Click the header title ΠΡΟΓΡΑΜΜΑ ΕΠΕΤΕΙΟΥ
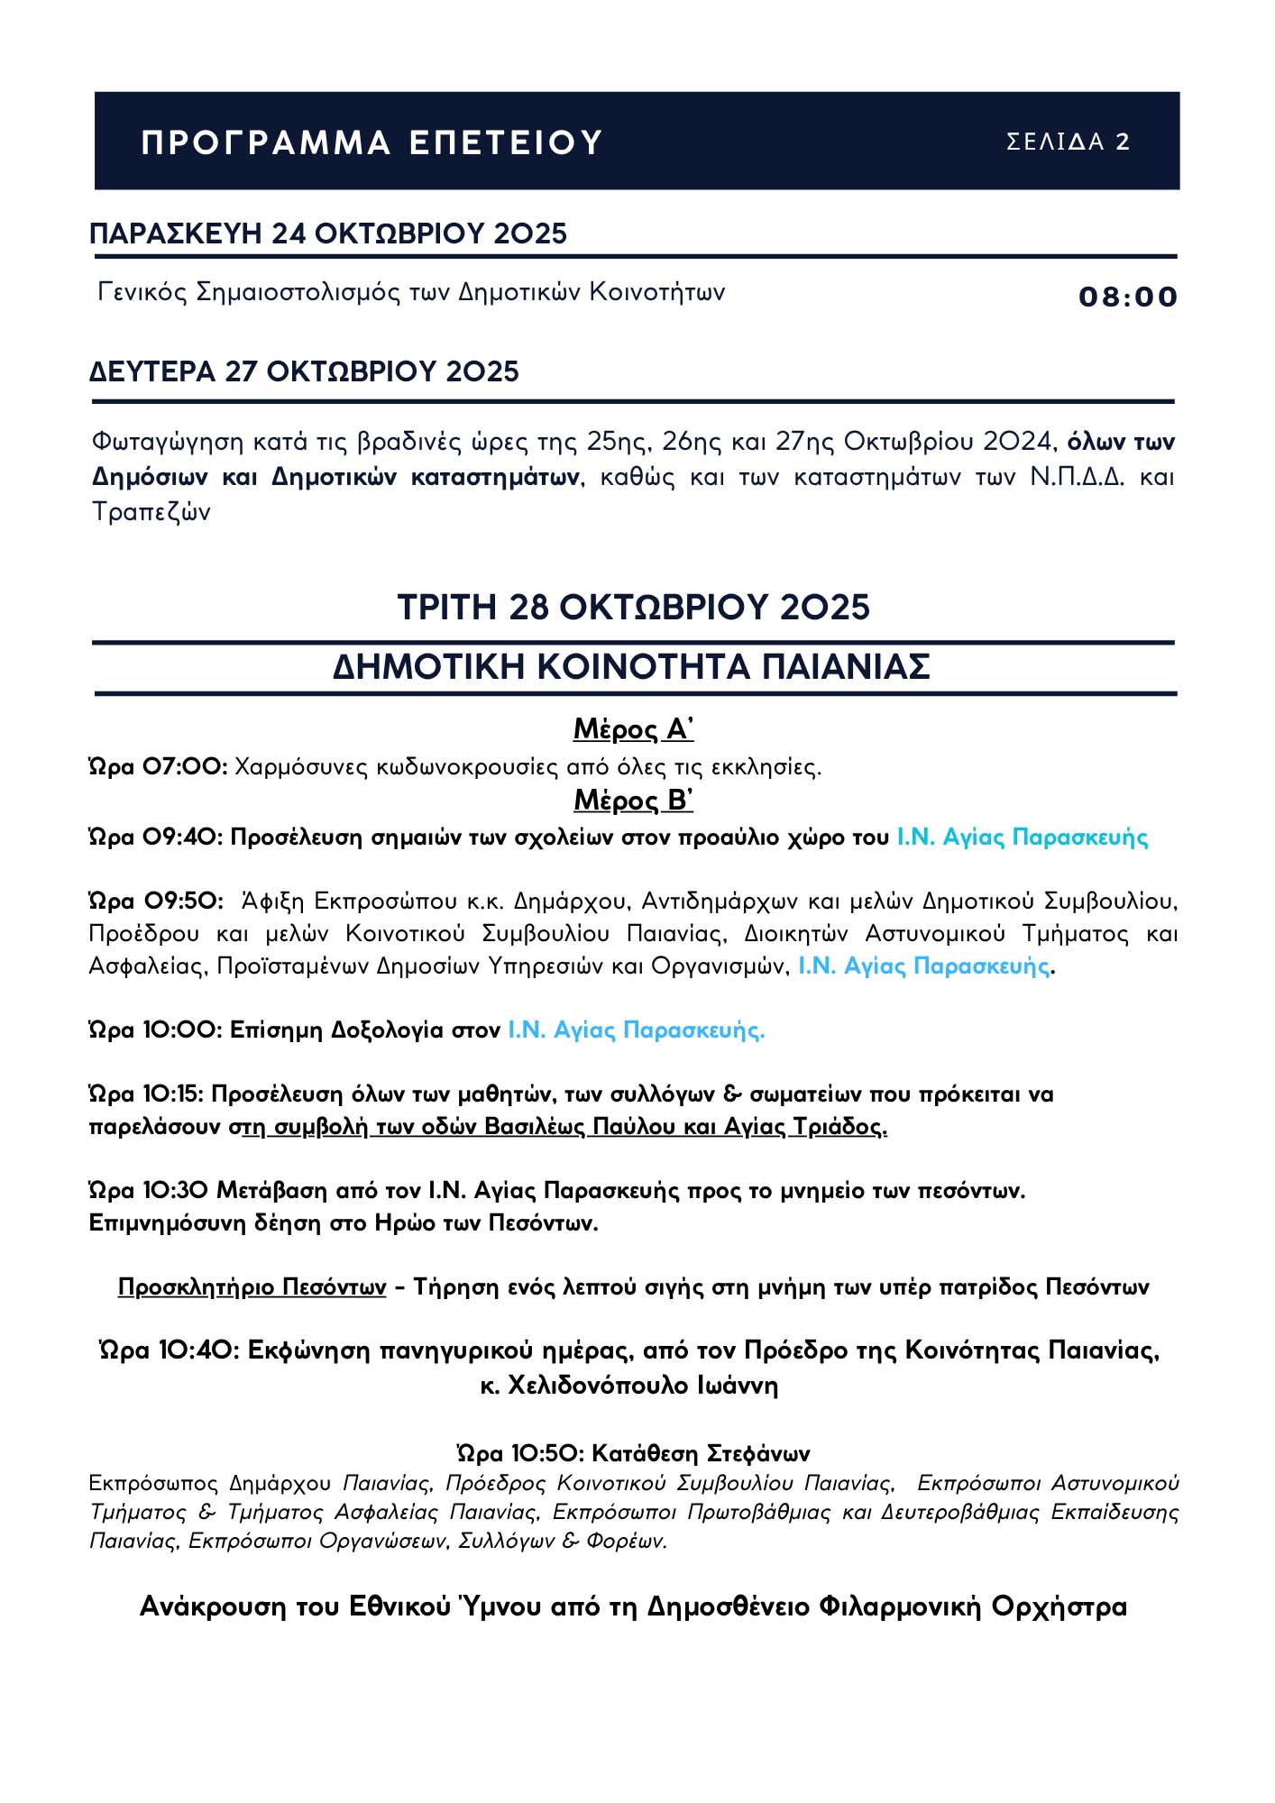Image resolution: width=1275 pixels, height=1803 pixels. click(x=371, y=142)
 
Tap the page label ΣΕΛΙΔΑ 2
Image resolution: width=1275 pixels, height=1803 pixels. click(x=1068, y=142)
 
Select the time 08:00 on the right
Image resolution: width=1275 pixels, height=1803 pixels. click(x=1127, y=297)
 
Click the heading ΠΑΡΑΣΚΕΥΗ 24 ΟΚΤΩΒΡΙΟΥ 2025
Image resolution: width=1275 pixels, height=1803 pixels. click(x=328, y=233)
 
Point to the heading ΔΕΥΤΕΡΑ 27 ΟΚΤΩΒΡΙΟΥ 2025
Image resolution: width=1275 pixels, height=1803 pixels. click(x=304, y=371)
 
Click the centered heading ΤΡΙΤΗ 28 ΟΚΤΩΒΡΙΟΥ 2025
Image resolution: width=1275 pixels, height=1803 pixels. click(x=634, y=607)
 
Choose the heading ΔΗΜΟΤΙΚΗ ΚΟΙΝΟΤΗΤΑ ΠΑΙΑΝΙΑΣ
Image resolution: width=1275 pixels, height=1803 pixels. click(x=631, y=667)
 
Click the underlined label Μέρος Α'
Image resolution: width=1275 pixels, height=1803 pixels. click(x=633, y=728)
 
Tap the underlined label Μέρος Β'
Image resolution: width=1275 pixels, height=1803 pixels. click(x=633, y=800)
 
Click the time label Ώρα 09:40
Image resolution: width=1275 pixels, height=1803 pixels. click(x=155, y=837)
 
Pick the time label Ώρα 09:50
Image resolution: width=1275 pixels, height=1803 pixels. click(x=155, y=901)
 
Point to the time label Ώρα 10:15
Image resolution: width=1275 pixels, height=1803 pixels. click(x=148, y=1094)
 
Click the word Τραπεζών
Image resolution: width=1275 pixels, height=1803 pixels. click(x=151, y=512)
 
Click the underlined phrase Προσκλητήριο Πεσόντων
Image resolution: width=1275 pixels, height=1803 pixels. click(x=252, y=1286)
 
